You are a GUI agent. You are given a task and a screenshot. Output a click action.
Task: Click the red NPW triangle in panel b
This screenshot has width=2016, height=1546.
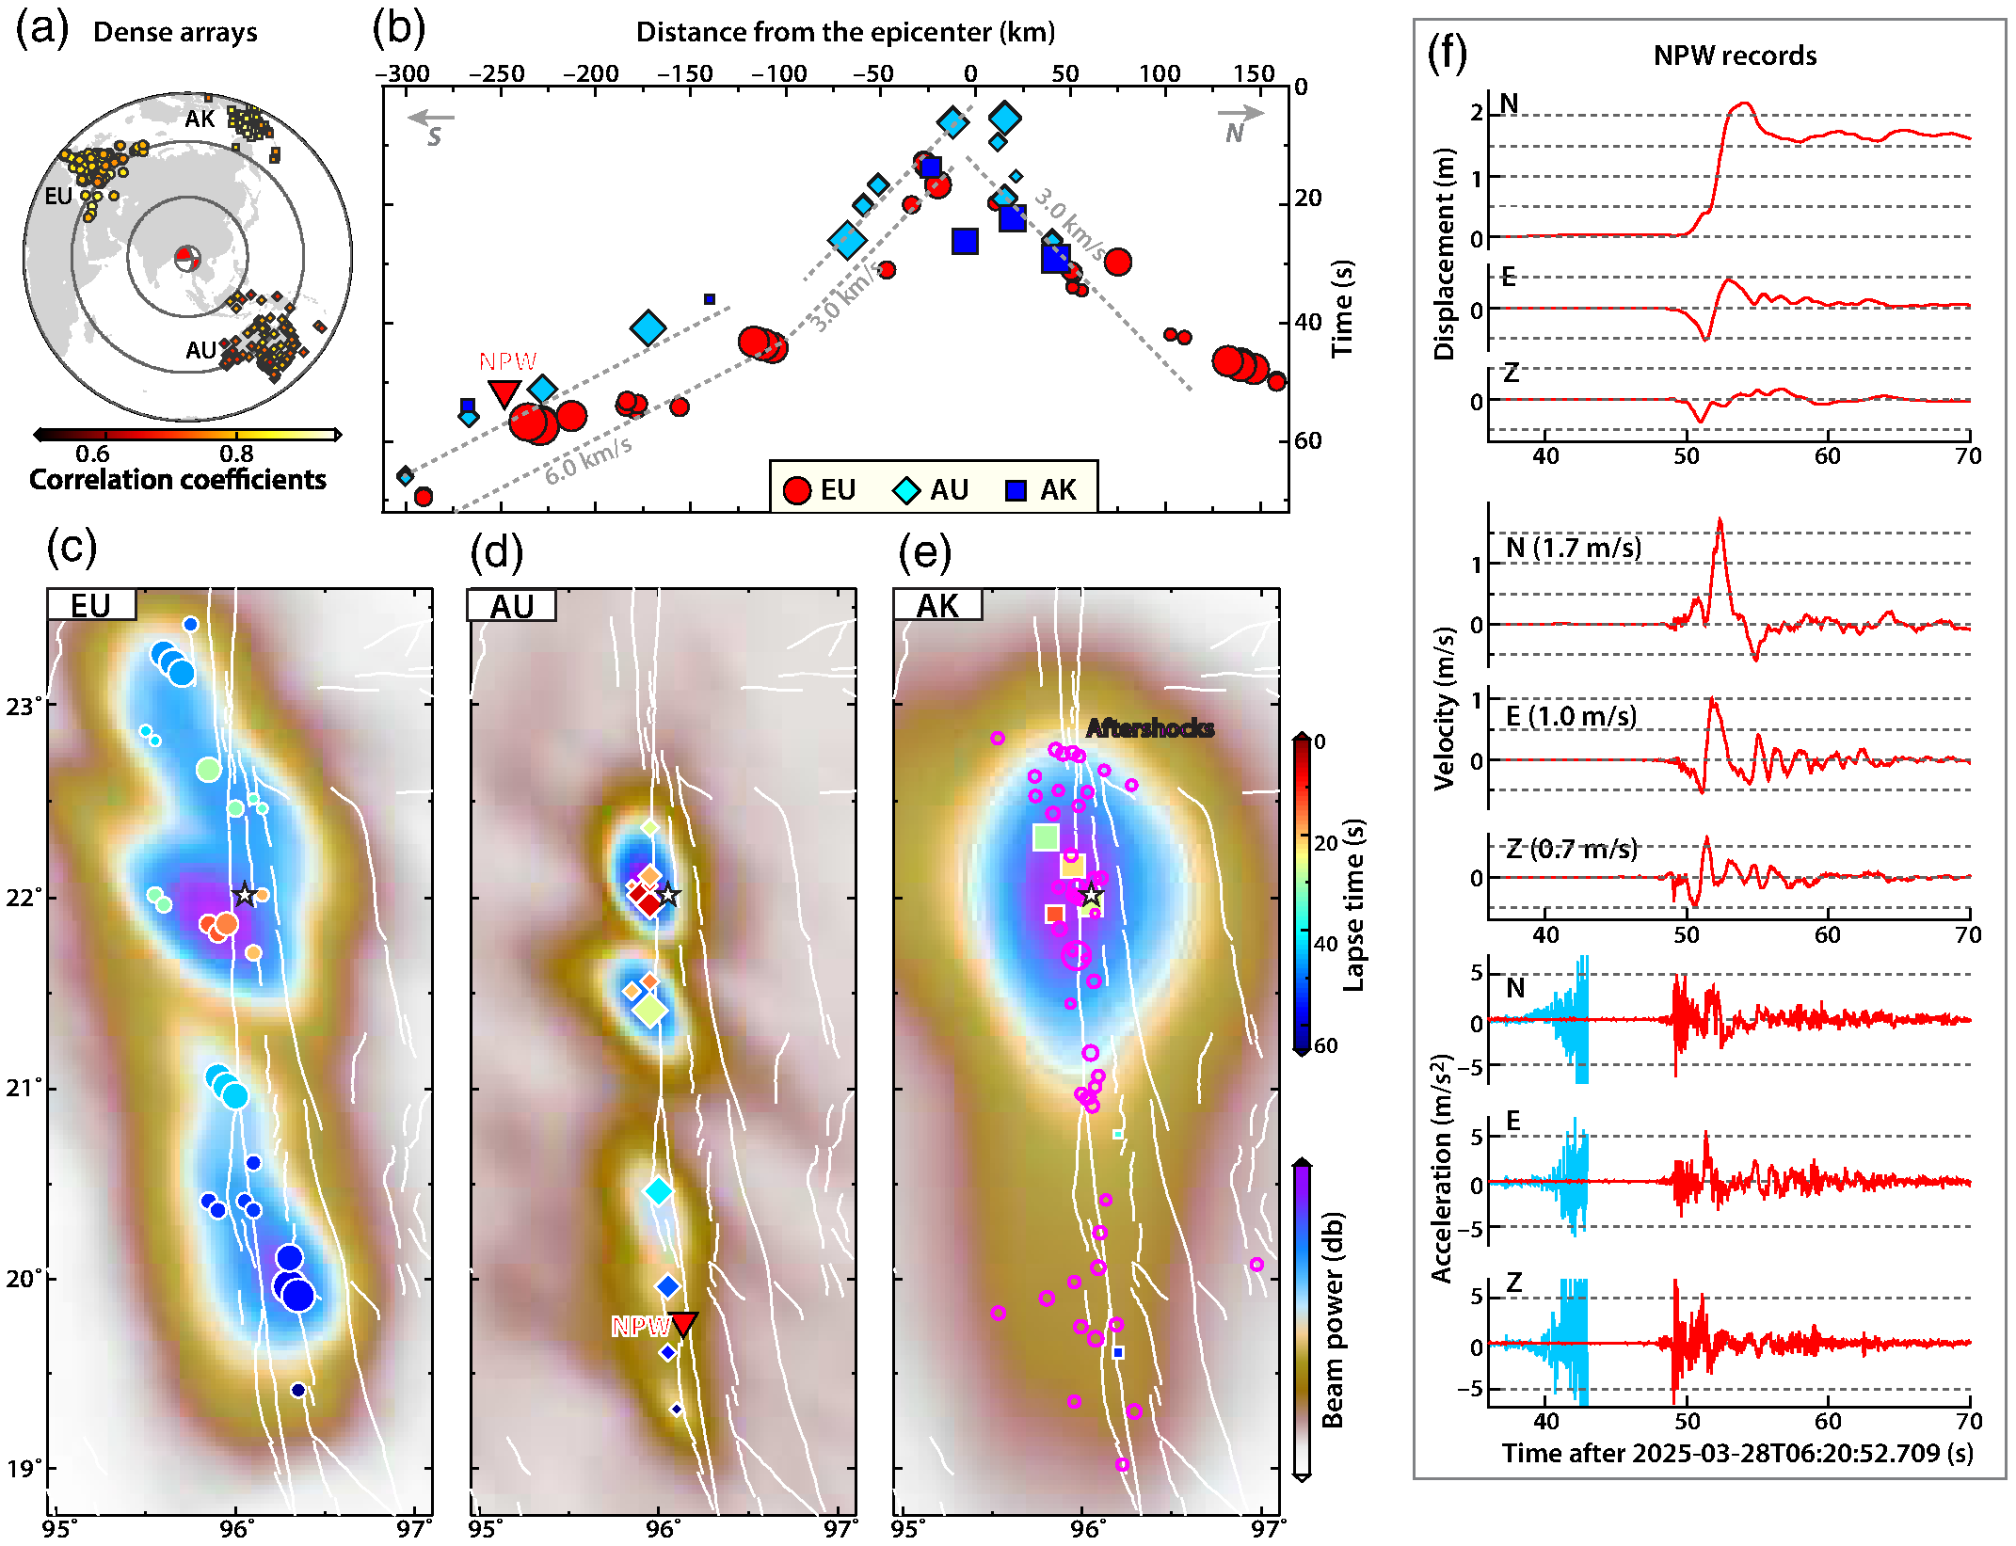[504, 392]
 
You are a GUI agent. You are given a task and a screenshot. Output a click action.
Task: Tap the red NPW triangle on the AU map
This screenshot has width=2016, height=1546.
[683, 1323]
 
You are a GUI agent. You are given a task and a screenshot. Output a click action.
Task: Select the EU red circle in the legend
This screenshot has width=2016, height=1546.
[797, 490]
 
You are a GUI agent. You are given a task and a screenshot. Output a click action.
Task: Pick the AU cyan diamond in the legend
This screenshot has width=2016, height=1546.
[906, 490]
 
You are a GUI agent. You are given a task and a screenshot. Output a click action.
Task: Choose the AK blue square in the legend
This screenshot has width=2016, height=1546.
[1016, 490]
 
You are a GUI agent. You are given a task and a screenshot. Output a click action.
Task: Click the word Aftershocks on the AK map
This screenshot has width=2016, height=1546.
[1149, 727]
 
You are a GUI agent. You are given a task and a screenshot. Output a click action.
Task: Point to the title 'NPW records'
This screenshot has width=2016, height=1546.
[1735, 56]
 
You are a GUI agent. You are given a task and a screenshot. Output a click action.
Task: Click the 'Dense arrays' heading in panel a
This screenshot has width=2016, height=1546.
[175, 32]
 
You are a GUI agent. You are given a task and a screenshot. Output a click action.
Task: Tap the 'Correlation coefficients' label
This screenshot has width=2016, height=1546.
[178, 480]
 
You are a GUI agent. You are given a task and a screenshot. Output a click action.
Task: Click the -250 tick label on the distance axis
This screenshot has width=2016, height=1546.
[496, 73]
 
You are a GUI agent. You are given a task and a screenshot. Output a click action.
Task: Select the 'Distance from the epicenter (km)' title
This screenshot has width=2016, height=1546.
[845, 32]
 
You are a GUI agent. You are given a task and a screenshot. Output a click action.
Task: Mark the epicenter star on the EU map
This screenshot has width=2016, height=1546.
[245, 894]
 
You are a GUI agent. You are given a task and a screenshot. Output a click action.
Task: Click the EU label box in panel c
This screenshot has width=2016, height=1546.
[91, 605]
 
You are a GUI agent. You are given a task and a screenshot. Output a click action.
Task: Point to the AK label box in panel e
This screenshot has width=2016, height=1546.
[937, 605]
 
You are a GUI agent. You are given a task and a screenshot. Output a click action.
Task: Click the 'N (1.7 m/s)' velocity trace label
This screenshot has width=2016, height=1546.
[1574, 548]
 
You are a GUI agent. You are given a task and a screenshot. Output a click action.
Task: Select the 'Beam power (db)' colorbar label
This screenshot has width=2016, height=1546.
[1332, 1319]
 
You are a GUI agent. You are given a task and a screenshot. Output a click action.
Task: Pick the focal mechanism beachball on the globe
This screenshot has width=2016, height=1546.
[187, 257]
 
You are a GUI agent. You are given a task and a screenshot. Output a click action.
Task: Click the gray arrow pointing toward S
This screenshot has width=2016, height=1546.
[431, 120]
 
